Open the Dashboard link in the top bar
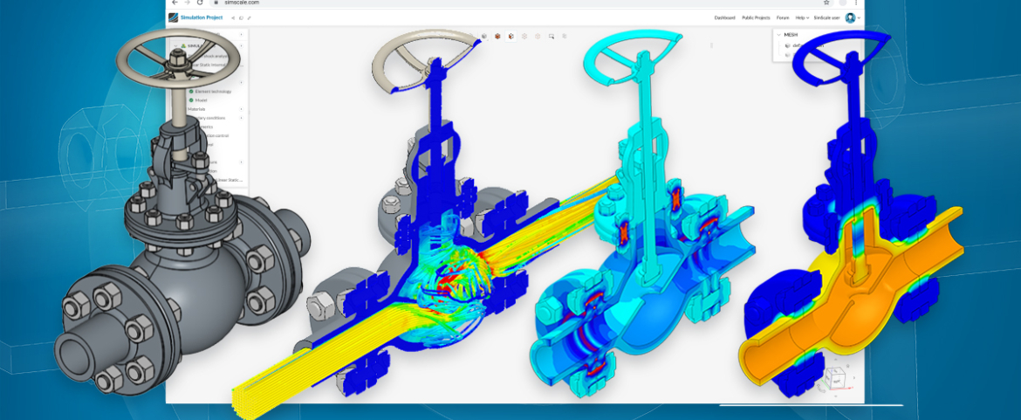click(724, 17)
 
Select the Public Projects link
click(756, 17)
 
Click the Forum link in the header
click(783, 17)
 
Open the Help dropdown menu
click(802, 17)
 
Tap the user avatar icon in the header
click(850, 17)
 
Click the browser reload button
click(200, 3)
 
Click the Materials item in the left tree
click(196, 109)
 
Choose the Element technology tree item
click(213, 91)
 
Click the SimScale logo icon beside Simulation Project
click(175, 17)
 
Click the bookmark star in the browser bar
click(826, 3)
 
